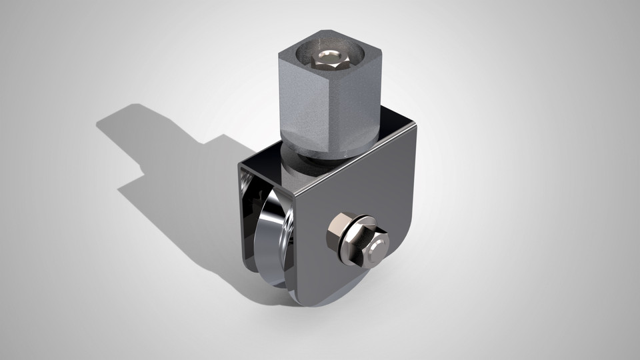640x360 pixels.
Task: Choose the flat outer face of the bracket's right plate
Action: coord(373,193)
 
